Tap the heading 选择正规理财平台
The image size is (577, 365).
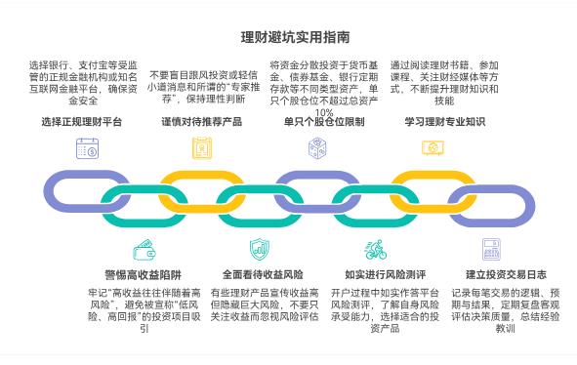coord(82,122)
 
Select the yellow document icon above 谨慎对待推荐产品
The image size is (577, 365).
coord(202,148)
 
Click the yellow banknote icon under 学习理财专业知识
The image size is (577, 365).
coord(433,147)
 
